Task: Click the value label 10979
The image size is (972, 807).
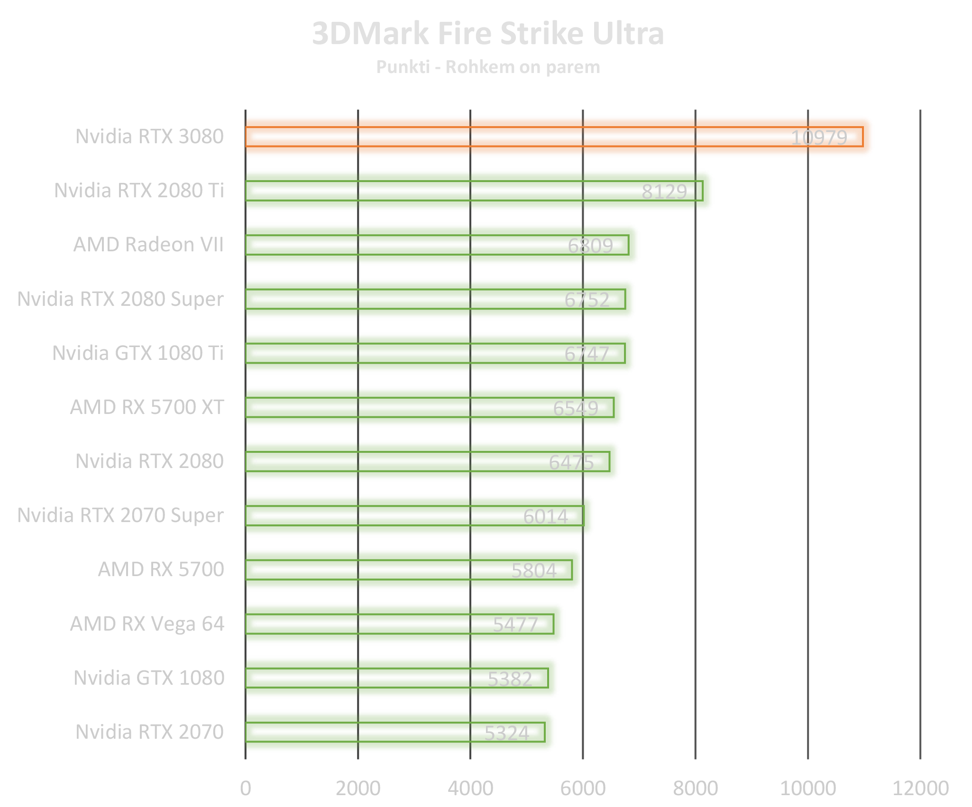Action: point(819,138)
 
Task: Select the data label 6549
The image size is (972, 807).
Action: point(575,408)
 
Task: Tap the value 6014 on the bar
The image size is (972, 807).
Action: point(545,516)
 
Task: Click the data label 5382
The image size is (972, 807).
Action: point(510,679)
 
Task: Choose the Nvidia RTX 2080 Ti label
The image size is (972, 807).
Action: point(139,191)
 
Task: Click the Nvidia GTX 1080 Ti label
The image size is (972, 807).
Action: point(138,353)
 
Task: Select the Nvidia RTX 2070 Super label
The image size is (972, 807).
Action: point(121,515)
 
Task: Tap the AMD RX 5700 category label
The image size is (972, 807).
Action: point(161,569)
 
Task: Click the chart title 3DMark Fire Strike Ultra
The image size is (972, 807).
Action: point(488,34)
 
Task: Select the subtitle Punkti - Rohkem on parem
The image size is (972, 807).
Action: point(488,67)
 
